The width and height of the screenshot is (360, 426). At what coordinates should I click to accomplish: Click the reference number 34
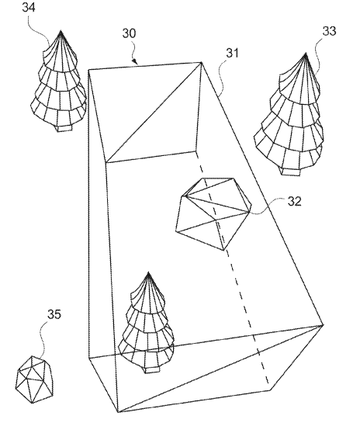29,7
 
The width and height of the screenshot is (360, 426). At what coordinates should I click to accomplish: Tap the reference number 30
129,33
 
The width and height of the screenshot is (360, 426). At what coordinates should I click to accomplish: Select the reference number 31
232,53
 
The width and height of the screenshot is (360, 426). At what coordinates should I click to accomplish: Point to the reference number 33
329,31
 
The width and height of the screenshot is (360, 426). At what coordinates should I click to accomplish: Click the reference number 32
295,201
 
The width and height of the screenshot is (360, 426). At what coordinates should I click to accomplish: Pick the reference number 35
54,314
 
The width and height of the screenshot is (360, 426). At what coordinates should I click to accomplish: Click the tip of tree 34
61,31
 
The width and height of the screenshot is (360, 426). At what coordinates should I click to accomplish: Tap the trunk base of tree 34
64,129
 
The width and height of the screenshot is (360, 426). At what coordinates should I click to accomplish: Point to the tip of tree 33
306,54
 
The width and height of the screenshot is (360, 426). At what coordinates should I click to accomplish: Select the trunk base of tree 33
291,172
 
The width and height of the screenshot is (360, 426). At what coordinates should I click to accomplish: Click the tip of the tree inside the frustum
148,272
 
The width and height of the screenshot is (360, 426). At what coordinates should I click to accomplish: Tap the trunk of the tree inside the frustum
151,370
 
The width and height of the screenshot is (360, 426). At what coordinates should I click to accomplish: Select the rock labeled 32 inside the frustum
213,214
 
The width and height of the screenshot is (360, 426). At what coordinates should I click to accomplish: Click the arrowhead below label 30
135,61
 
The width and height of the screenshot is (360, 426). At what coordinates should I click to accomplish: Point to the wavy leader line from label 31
221,77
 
